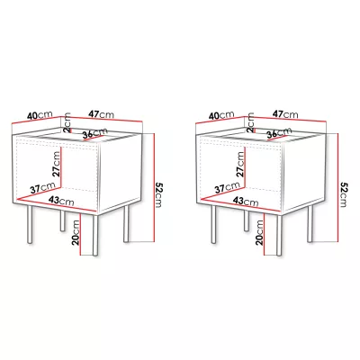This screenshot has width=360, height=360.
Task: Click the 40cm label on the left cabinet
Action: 40,115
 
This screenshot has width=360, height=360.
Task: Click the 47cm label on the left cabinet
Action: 101,114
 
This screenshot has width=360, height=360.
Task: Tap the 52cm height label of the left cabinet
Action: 157,194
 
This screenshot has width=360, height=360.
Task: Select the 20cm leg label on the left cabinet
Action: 76,233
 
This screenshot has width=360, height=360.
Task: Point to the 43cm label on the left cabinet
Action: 61,201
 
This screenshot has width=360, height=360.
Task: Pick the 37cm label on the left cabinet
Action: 42,188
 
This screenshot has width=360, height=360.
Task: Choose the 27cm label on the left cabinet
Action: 56,164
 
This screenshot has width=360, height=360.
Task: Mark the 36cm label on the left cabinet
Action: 95,133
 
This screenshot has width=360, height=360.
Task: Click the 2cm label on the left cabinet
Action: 67,122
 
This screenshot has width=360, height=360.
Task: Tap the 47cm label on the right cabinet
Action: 285,114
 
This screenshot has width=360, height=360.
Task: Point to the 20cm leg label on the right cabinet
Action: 260,233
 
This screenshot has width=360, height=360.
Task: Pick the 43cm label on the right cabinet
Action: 245,201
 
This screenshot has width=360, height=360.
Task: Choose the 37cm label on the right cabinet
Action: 227,188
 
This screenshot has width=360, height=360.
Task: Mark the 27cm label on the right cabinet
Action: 240,164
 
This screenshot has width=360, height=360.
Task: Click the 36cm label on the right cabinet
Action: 279,133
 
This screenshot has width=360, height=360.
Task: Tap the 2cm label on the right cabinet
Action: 251,122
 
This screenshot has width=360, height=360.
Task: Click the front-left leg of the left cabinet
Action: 30,224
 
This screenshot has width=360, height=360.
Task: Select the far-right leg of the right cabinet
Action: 310,223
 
